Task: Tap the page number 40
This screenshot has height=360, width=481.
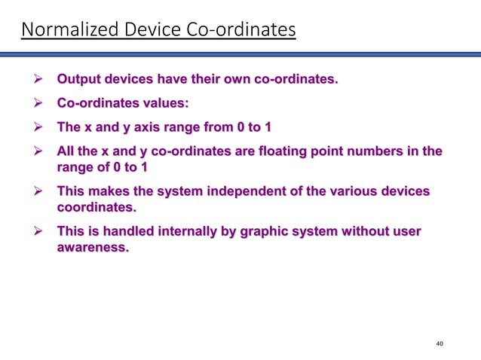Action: (440, 343)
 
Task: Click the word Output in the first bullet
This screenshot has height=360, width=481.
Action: (80, 79)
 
